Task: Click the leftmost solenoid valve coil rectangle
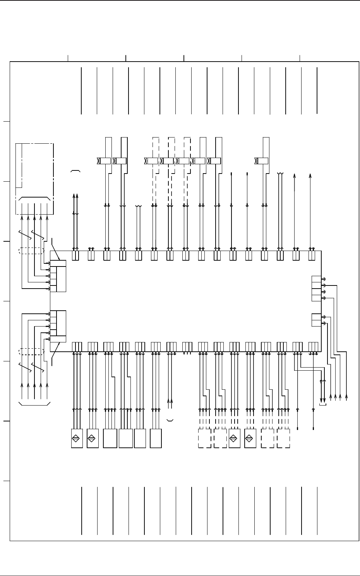click(106, 161)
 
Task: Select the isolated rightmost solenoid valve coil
click(264, 161)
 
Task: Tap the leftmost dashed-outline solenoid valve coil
click(153, 161)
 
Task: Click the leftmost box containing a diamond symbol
click(77, 438)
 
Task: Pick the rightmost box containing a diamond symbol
click(250, 438)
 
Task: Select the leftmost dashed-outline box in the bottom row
click(204, 438)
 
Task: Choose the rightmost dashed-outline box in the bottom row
click(283, 438)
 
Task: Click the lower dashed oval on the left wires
click(31, 352)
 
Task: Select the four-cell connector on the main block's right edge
click(316, 289)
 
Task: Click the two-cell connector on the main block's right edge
click(316, 320)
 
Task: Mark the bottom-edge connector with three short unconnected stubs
click(187, 346)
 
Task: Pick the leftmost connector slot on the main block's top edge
click(75, 255)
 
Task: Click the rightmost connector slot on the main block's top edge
click(312, 255)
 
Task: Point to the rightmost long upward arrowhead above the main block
click(310, 176)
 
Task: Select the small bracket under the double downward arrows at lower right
click(322, 405)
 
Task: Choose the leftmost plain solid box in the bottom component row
click(110, 438)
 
